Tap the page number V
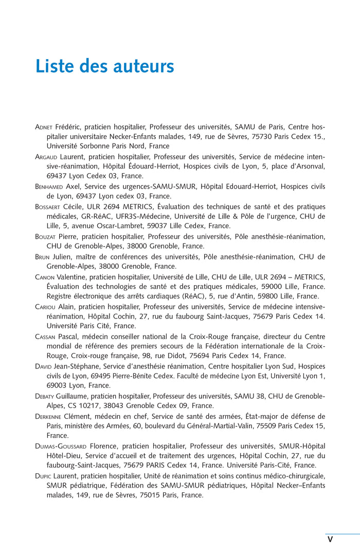point(330,539)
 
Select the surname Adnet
point(44,127)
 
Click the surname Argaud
point(46,157)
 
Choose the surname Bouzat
point(46,236)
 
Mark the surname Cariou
point(46,306)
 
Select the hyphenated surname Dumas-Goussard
point(61,446)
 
